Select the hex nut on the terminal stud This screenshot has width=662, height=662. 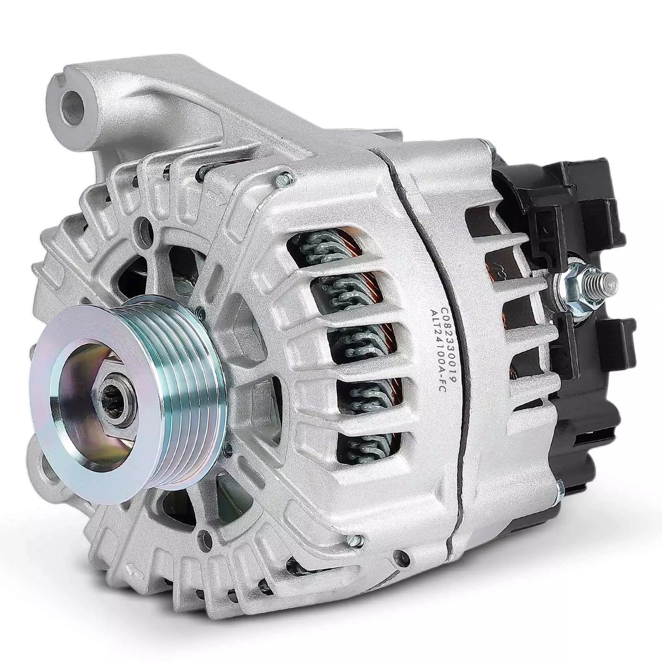coord(573,285)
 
